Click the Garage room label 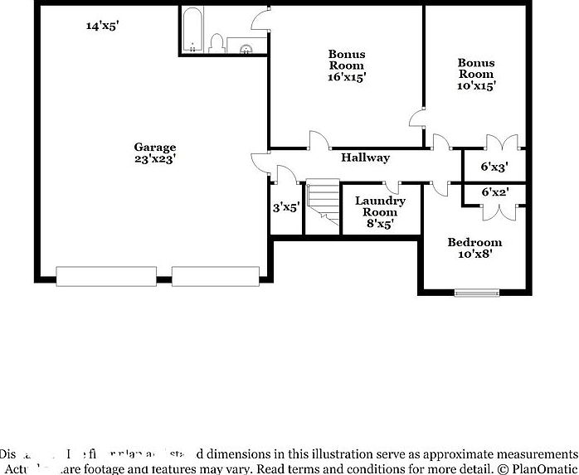click(x=154, y=153)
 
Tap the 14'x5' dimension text click(x=103, y=26)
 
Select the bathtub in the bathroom click(x=192, y=31)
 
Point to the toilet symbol click(x=217, y=43)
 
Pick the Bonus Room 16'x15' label click(x=347, y=65)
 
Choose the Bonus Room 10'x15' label click(x=476, y=74)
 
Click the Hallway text click(x=364, y=158)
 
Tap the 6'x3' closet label click(x=494, y=167)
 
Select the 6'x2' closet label click(x=494, y=192)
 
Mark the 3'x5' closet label click(x=286, y=207)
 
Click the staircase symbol click(x=324, y=205)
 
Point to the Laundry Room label click(x=380, y=211)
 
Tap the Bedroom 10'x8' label click(x=474, y=249)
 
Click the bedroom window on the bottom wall click(x=476, y=292)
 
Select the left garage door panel click(x=105, y=276)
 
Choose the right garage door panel click(x=216, y=276)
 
